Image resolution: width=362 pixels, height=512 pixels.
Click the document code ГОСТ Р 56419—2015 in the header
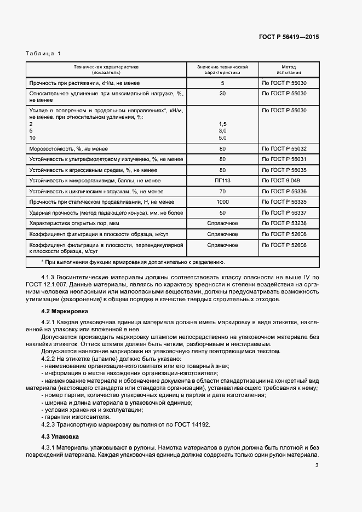[x=288, y=37]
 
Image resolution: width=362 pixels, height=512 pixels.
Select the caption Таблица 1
[x=43, y=53]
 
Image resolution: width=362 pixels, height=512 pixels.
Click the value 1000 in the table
[x=222, y=202]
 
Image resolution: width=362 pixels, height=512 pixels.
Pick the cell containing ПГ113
[x=222, y=180]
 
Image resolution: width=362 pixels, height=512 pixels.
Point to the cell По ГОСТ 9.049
[x=281, y=180]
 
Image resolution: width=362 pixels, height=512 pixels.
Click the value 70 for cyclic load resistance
[x=222, y=191]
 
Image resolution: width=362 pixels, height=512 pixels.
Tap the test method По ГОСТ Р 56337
[x=284, y=212]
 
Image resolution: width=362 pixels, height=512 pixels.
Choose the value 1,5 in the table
[x=222, y=124]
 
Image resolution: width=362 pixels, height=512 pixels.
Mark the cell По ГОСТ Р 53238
[x=284, y=223]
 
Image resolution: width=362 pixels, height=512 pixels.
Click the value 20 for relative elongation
[x=222, y=94]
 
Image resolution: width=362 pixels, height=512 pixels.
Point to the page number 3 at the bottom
[x=317, y=466]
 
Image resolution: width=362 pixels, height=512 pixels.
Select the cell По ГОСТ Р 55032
[x=284, y=148]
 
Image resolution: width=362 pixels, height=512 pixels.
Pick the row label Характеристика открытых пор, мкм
[x=74, y=223]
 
